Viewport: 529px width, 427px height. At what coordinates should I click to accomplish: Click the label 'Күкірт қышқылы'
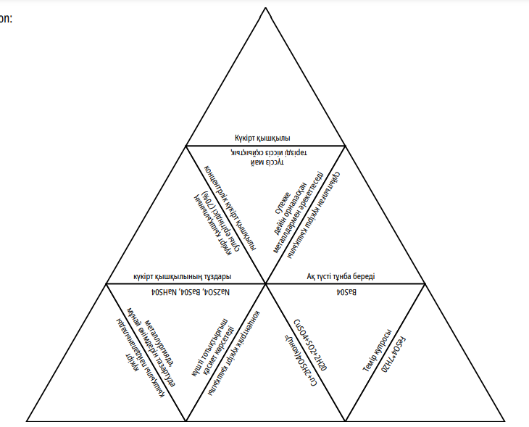(262, 138)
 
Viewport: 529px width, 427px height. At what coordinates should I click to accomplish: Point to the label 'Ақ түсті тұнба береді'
(344, 276)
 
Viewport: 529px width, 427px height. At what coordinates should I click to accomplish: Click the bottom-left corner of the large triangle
(27, 420)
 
